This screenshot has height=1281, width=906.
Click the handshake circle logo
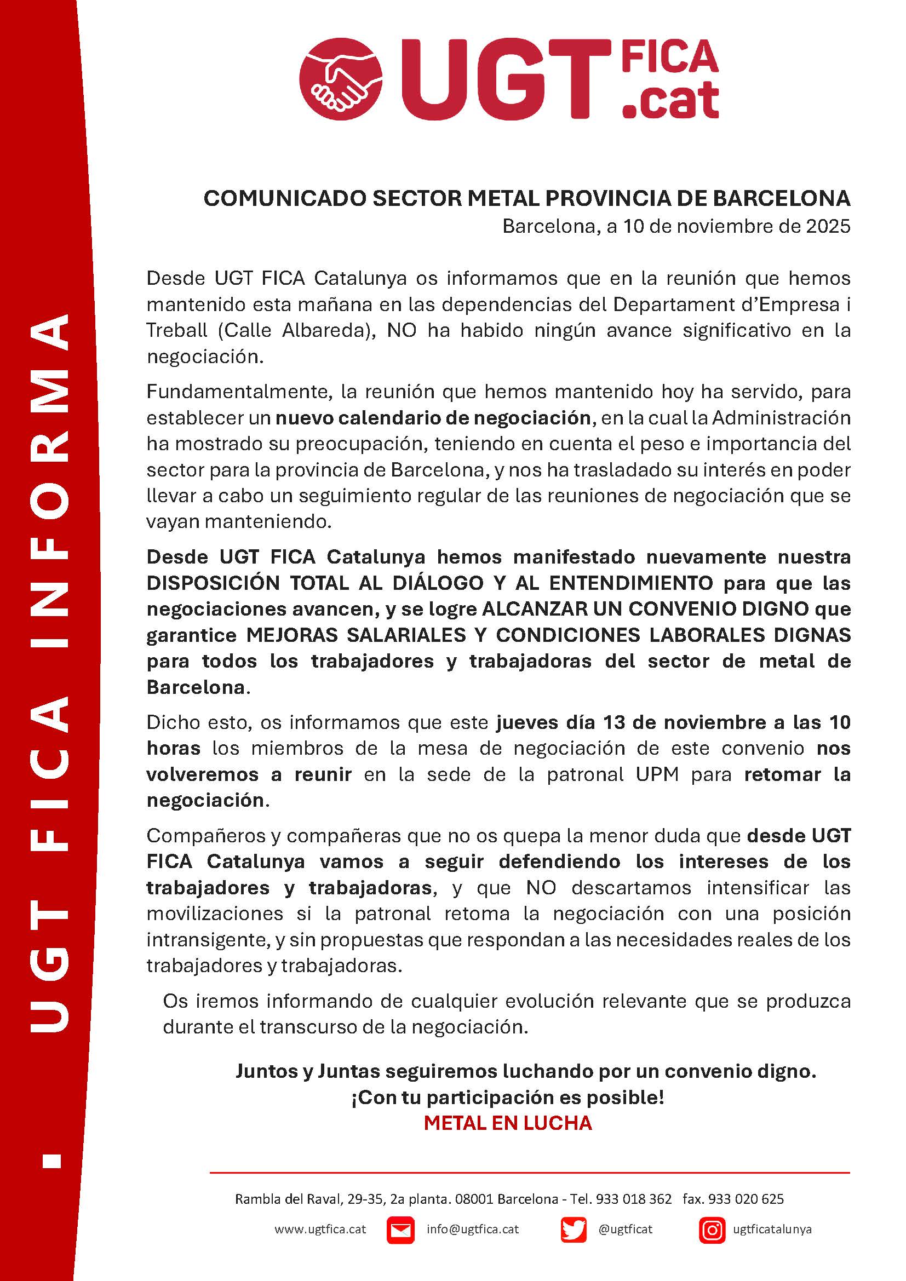click(341, 78)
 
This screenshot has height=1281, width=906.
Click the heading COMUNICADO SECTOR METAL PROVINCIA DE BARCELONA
click(526, 199)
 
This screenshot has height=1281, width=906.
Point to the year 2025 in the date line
click(828, 226)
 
